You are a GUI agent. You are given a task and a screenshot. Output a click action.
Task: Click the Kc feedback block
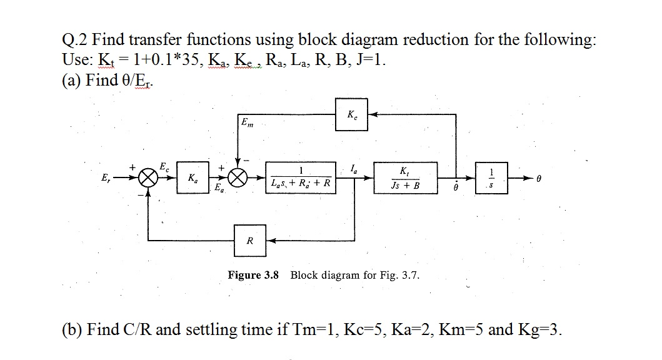click(351, 114)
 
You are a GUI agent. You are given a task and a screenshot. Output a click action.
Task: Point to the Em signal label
click(248, 122)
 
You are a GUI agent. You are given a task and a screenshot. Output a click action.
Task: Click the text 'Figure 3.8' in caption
click(254, 275)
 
